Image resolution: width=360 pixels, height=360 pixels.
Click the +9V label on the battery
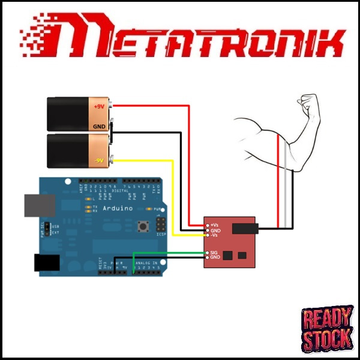pos(99,107)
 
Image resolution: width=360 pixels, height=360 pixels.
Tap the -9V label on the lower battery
pos(99,160)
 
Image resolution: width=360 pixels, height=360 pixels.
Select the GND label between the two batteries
pos(99,127)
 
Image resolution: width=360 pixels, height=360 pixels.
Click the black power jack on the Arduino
pos(46,262)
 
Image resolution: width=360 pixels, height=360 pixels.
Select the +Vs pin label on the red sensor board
pos(214,224)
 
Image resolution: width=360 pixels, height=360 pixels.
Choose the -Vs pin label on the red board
pos(214,235)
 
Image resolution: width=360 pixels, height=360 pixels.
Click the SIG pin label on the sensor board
pos(214,253)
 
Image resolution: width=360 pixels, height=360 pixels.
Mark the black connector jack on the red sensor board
pos(245,228)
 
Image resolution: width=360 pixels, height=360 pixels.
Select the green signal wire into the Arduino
pos(168,253)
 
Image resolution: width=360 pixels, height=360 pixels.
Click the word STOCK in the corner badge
pos(327,339)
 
